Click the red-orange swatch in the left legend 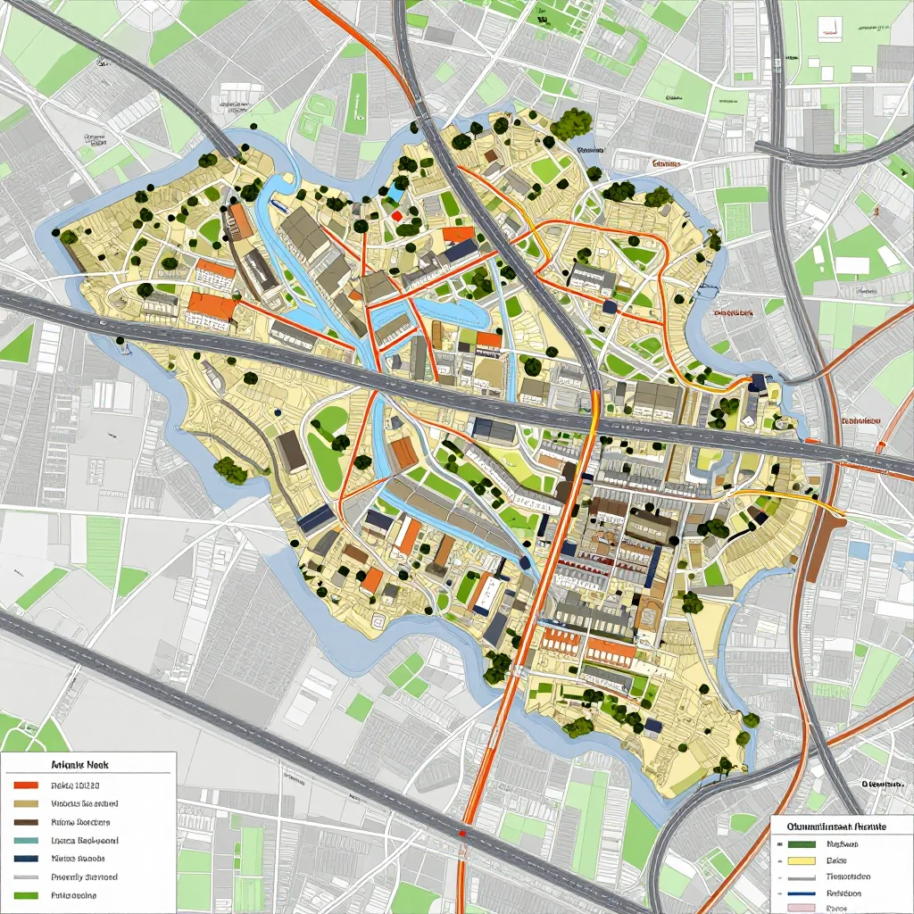(27, 785)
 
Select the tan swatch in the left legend (27, 803)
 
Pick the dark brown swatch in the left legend (27, 822)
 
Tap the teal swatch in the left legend (27, 841)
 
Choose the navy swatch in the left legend (27, 859)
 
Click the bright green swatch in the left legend (27, 895)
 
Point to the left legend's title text (79, 766)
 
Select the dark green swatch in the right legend (802, 843)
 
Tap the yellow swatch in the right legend (802, 860)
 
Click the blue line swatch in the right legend (802, 893)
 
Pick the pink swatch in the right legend (802, 908)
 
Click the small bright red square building (396, 215)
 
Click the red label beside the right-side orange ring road (860, 420)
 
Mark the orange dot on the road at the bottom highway (462, 834)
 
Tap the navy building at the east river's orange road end (758, 383)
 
